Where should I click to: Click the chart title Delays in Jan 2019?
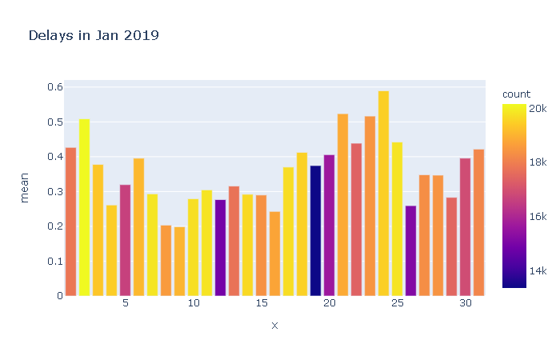94,35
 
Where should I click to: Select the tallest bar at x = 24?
383,193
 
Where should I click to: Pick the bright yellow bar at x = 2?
84,207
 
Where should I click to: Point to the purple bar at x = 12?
220,247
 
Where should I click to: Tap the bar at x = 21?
342,205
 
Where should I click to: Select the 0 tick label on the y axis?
59,296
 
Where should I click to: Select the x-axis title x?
274,326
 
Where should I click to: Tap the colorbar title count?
516,94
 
